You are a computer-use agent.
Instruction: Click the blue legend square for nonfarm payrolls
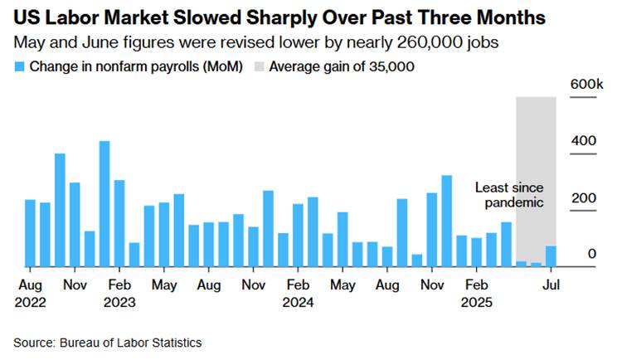19,66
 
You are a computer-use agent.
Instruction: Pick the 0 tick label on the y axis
592,253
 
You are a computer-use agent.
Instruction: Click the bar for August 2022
30,233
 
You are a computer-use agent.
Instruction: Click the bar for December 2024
447,221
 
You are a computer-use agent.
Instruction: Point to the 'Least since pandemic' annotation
508,195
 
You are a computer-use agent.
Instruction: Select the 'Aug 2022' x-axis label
30,293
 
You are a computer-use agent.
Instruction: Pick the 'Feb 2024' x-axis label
298,293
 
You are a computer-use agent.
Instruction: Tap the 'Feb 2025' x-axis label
476,293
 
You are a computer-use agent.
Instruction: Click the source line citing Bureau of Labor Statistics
107,342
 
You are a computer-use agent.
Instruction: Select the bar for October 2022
60,211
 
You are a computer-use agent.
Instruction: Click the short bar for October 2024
417,260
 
